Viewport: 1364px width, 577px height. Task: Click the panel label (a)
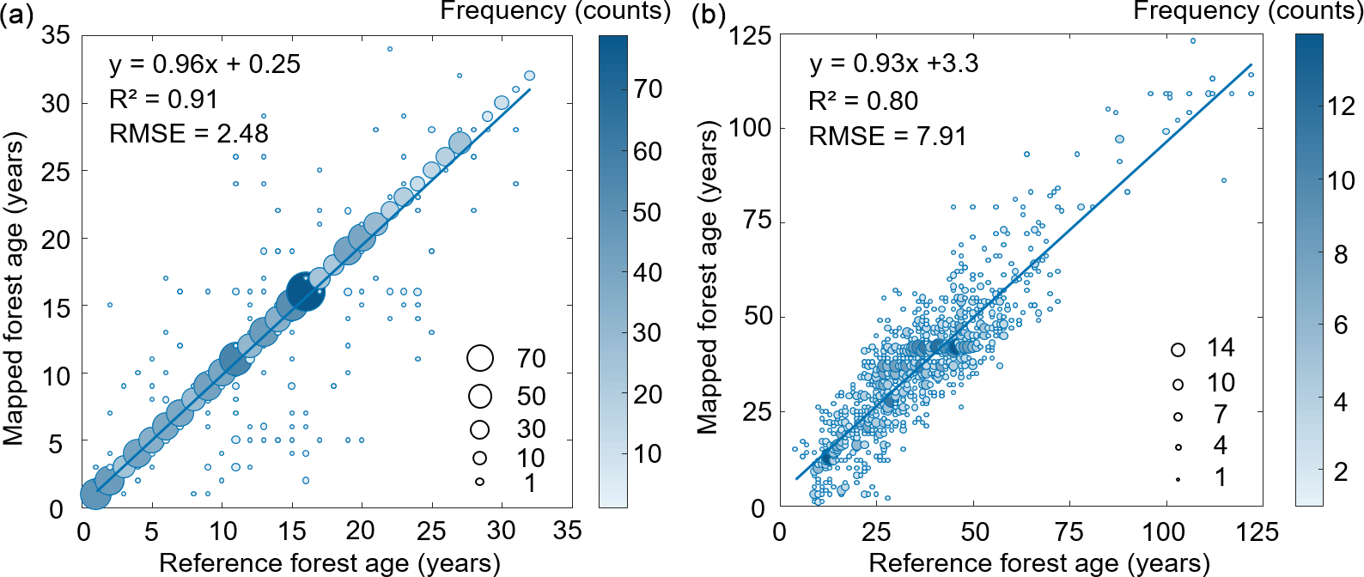[17, 15]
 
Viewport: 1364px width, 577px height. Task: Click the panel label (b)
[709, 15]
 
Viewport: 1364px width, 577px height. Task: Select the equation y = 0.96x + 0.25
[204, 64]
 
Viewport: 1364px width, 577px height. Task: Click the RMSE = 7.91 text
[887, 137]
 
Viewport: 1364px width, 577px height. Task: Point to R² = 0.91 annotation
[163, 100]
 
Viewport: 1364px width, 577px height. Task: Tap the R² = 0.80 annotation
[863, 101]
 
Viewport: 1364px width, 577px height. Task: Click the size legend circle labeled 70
[480, 358]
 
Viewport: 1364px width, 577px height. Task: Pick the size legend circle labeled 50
[480, 396]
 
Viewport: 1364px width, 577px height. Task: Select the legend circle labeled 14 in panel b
[1178, 349]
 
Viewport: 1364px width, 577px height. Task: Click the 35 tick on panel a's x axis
[568, 531]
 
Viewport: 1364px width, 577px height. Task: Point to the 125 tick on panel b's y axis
[750, 36]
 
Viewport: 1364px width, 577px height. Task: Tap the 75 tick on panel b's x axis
[1069, 532]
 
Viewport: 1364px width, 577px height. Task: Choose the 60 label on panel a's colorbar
[648, 151]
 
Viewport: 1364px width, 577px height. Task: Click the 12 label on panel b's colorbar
[1341, 106]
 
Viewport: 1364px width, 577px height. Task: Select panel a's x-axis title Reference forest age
[330, 563]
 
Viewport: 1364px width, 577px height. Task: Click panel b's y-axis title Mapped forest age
[707, 277]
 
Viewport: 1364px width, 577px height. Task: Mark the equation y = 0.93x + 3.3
[893, 64]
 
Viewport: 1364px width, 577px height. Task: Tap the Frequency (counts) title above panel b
[1248, 11]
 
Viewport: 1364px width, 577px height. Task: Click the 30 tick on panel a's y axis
[56, 104]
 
